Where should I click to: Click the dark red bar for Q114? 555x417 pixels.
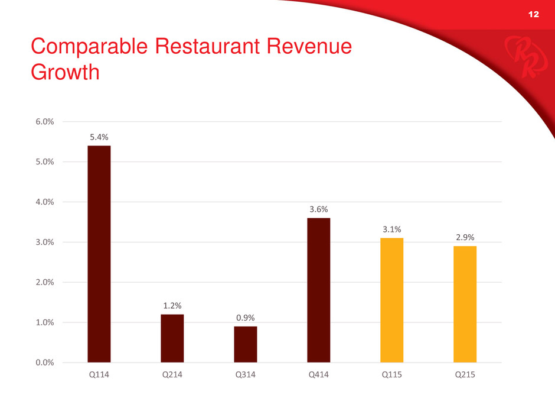pos(99,254)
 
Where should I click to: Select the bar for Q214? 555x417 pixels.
pos(172,338)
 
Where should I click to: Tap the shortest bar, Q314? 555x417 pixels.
pos(245,344)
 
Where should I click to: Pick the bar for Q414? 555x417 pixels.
pos(318,290)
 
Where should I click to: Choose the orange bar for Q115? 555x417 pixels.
pos(391,300)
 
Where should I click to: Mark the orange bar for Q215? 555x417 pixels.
pos(465,304)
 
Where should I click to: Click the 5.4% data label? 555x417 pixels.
pos(99,137)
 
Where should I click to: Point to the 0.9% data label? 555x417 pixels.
pos(245,318)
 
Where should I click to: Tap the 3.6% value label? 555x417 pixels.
pos(318,209)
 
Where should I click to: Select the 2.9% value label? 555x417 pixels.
pos(465,237)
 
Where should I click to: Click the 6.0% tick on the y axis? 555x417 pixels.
pos(44,122)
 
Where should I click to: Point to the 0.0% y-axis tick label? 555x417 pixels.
pos(44,362)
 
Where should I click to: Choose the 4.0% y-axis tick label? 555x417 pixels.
pos(44,202)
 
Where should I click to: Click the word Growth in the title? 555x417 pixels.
pos(64,72)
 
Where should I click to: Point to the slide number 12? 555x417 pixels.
pos(533,14)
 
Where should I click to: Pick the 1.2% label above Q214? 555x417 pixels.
pos(172,305)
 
